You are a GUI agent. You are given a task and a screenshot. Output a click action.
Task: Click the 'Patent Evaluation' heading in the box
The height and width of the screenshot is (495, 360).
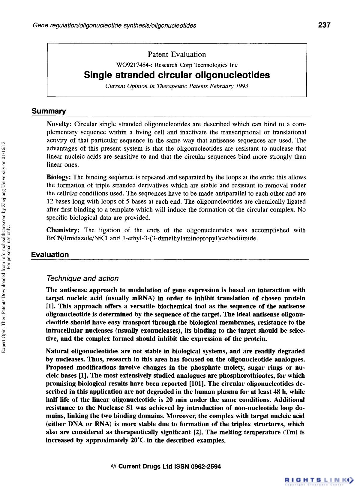[177, 54]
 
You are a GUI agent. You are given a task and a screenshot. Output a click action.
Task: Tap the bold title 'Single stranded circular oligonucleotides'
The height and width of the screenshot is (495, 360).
[177, 75]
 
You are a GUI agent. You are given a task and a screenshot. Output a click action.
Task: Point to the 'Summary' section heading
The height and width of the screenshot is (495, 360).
[49, 111]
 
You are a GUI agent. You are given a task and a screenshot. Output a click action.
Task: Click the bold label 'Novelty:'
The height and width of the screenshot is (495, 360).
[59, 124]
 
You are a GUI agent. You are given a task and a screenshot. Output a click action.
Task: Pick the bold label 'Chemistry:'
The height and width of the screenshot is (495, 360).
[63, 230]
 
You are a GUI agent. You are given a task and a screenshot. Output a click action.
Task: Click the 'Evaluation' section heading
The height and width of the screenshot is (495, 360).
[50, 255]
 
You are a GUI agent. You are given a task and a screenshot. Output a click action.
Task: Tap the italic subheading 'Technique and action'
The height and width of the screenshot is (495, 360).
[83, 278]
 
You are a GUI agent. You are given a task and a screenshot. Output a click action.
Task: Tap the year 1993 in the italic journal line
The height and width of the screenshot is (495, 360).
[241, 86]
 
